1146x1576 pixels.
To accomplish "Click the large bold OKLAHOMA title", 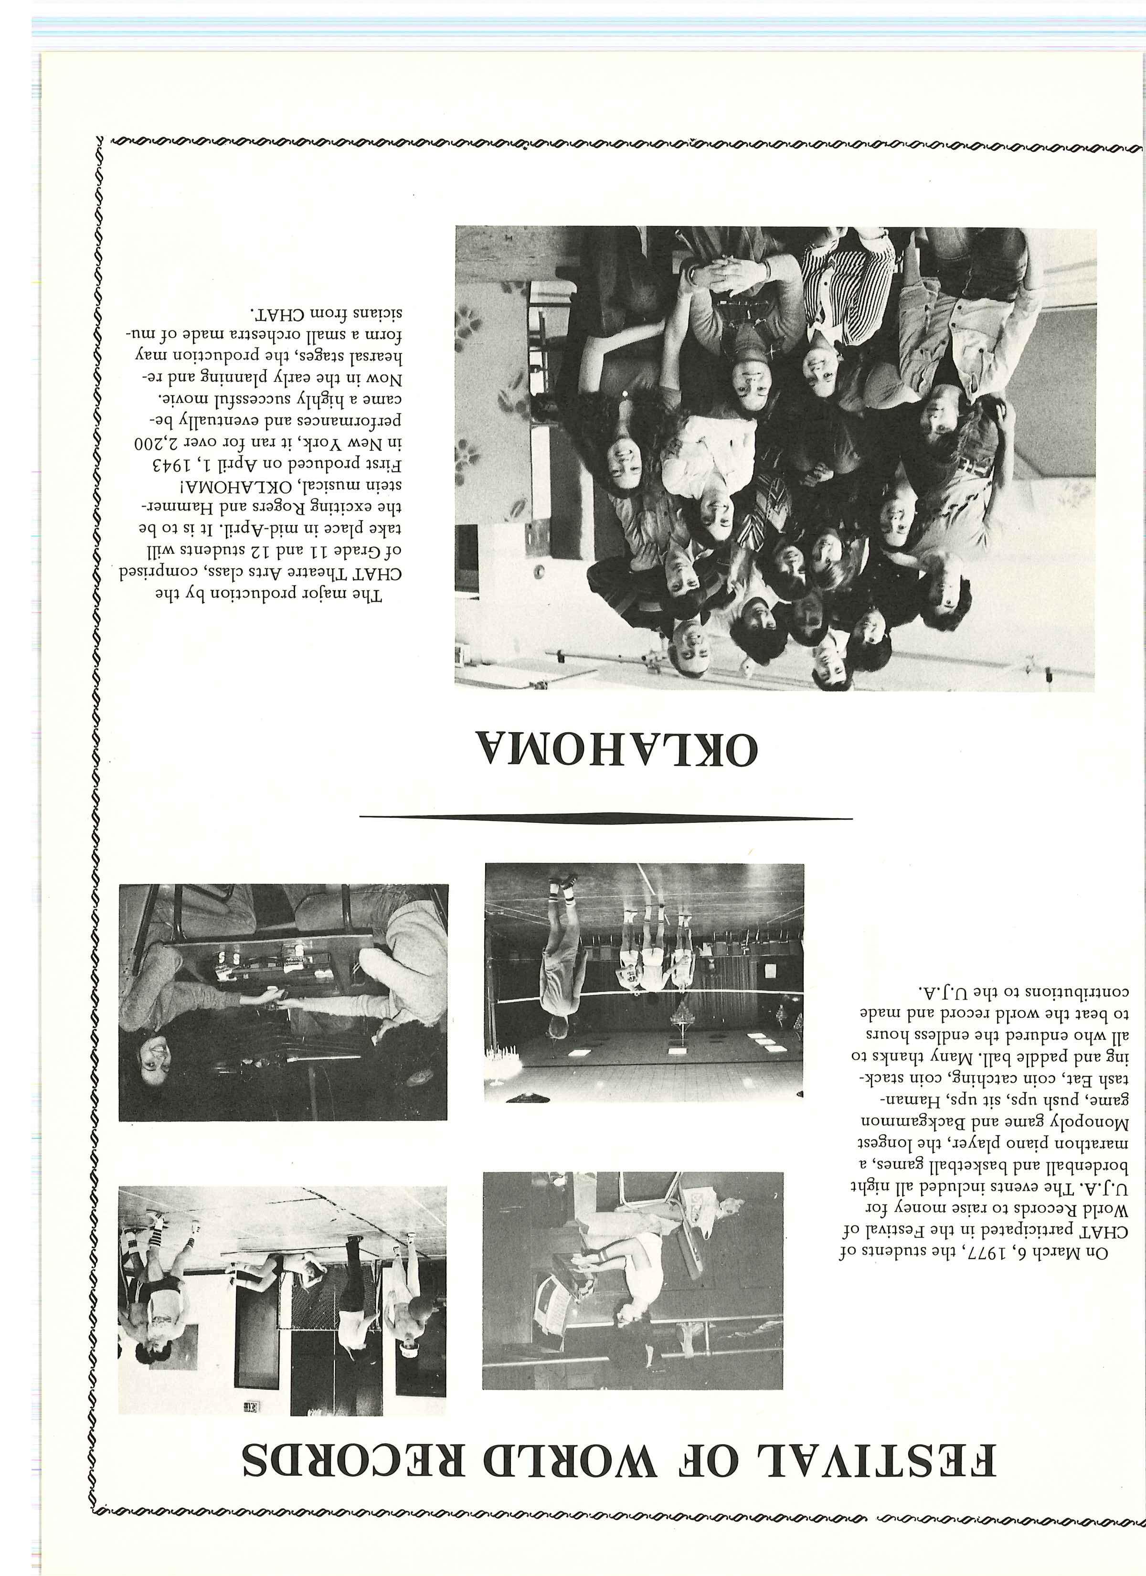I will (615, 748).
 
